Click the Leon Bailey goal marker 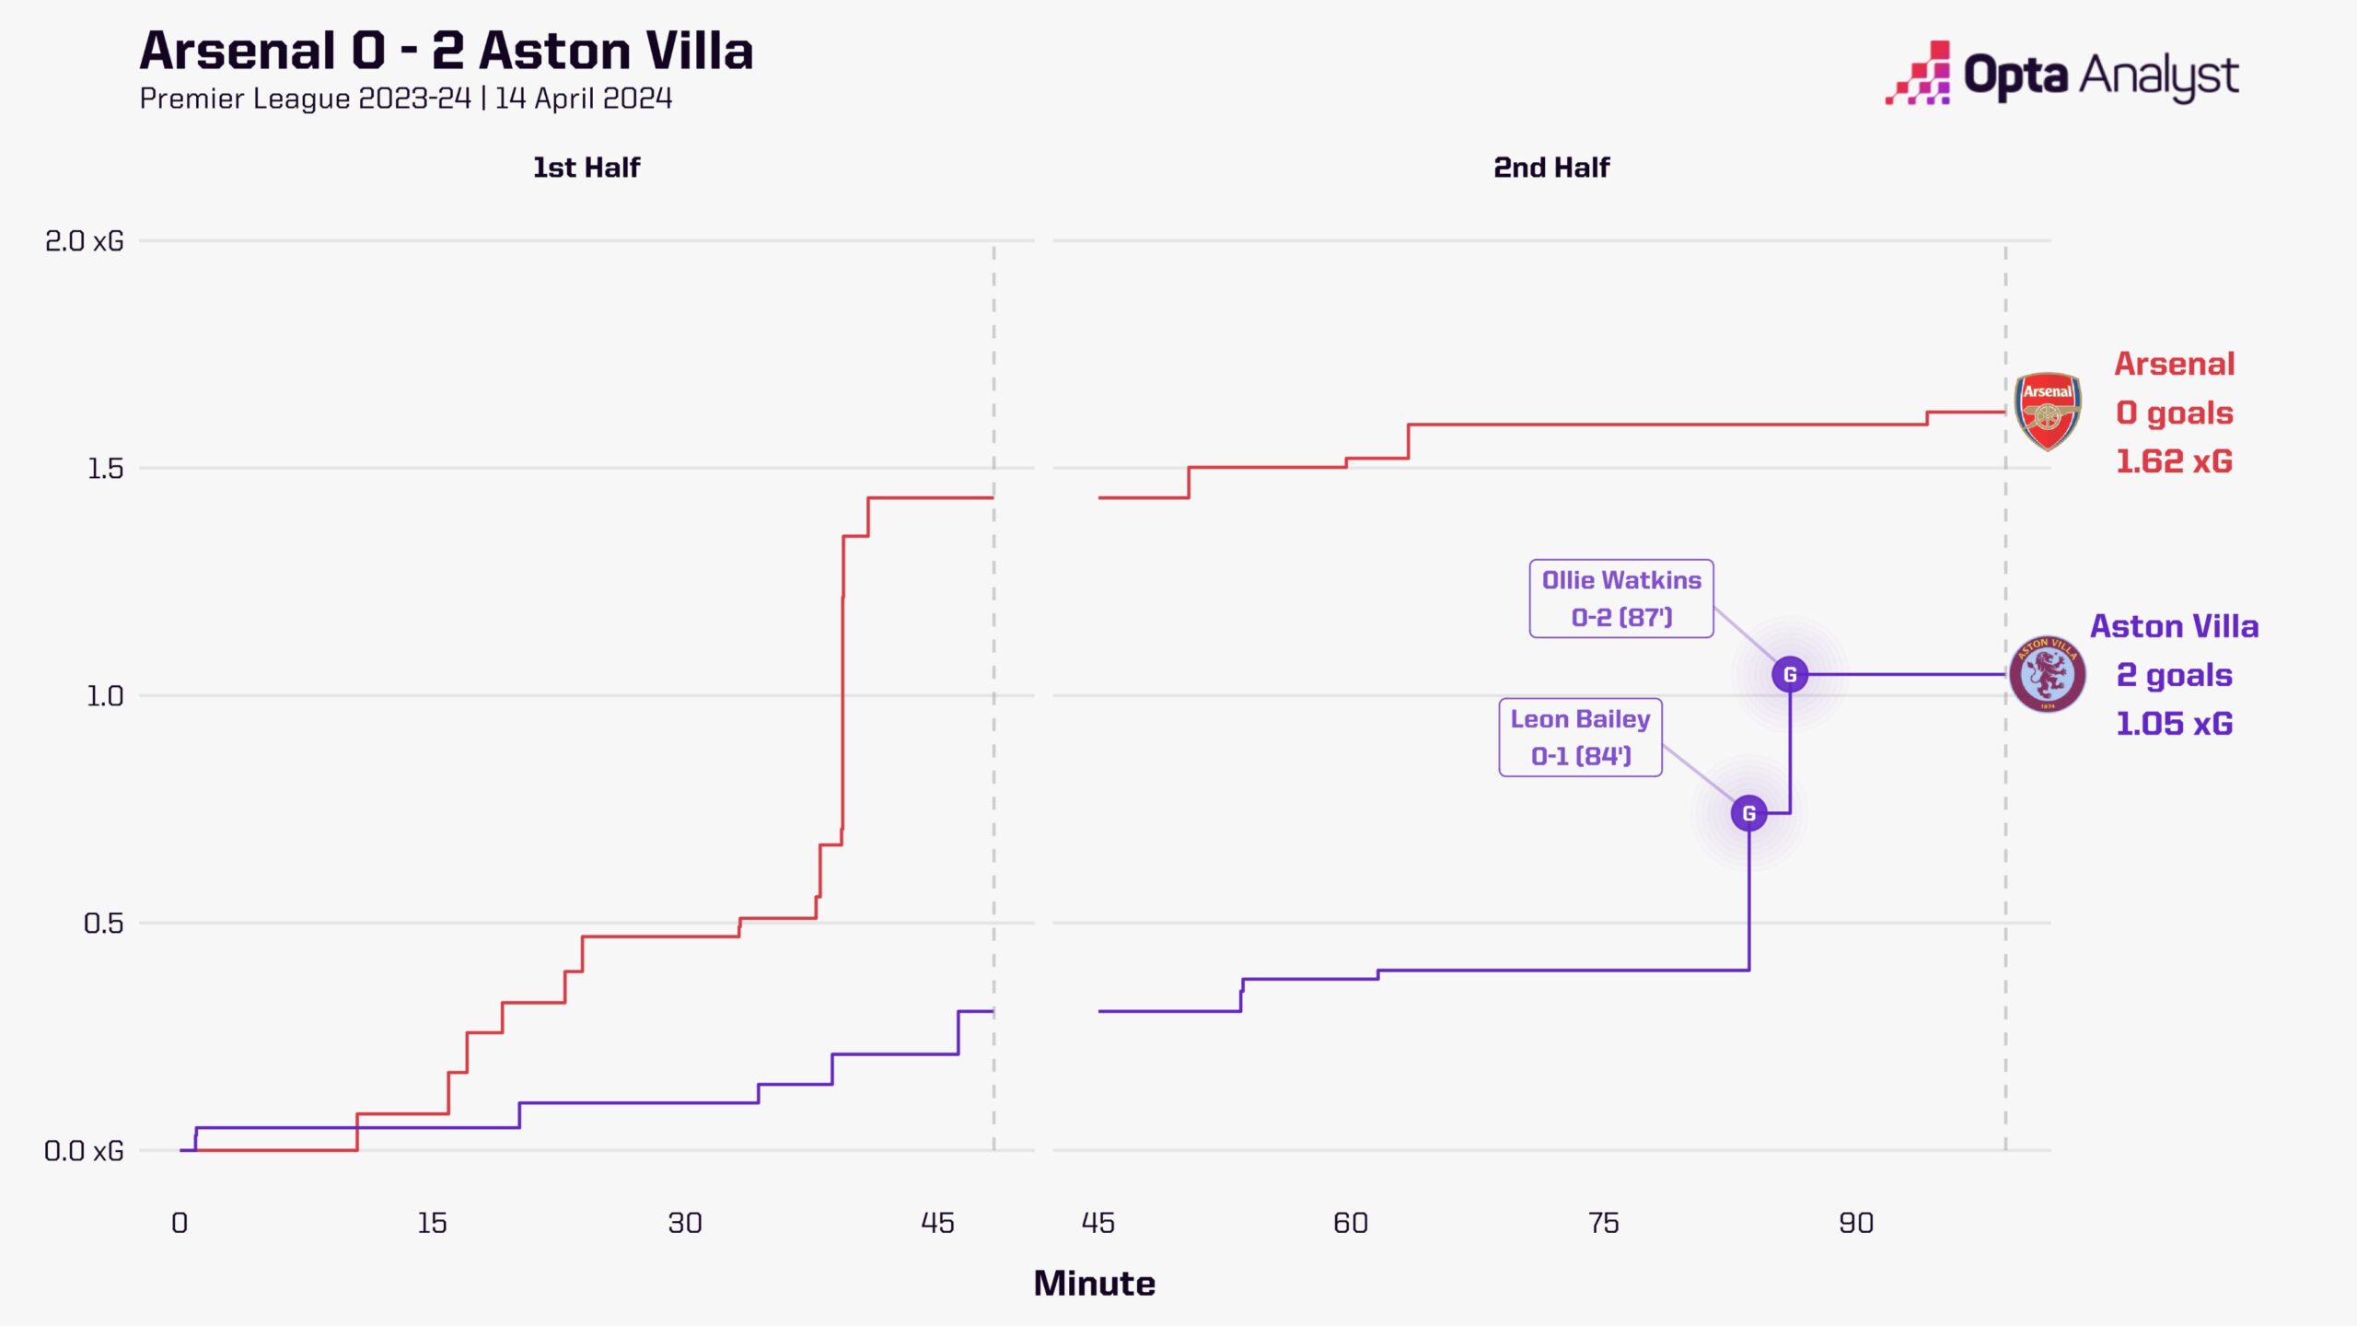point(1748,813)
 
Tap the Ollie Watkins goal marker point(1790,674)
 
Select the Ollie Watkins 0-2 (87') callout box point(1621,599)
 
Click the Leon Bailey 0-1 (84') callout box point(1580,738)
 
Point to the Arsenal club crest point(2047,412)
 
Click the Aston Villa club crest point(2047,674)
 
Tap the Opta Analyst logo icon point(1918,74)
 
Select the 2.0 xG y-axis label point(84,241)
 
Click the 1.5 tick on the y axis point(104,469)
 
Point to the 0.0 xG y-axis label point(84,1151)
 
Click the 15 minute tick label point(432,1224)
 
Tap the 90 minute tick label point(1855,1224)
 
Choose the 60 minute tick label point(1351,1224)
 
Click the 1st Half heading point(586,168)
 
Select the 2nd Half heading point(1551,168)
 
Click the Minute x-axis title point(1094,1284)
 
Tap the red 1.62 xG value point(2174,461)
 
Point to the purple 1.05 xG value point(2174,724)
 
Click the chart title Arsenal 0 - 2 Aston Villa point(447,51)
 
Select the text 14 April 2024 point(584,99)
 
